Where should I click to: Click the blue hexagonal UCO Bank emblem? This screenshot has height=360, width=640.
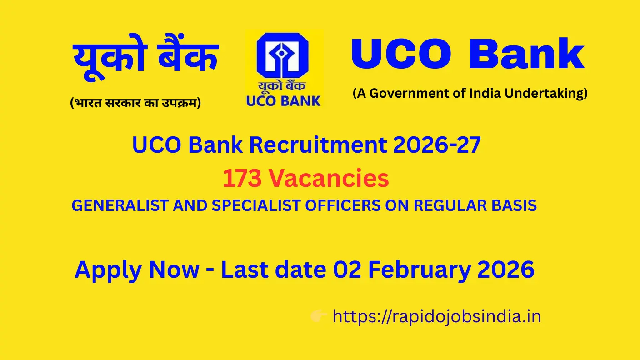pos(283,56)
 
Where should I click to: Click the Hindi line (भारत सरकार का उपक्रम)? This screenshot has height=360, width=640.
pos(135,103)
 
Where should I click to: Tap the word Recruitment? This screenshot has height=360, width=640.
pos(318,145)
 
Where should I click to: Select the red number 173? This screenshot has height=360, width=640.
pos(242,179)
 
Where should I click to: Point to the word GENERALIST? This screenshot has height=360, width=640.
pos(116,206)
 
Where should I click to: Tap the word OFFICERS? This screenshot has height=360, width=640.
pos(343,206)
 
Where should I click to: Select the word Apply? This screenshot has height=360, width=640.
pos(108,270)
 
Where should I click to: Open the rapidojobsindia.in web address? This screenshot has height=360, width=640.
pos(436,316)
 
